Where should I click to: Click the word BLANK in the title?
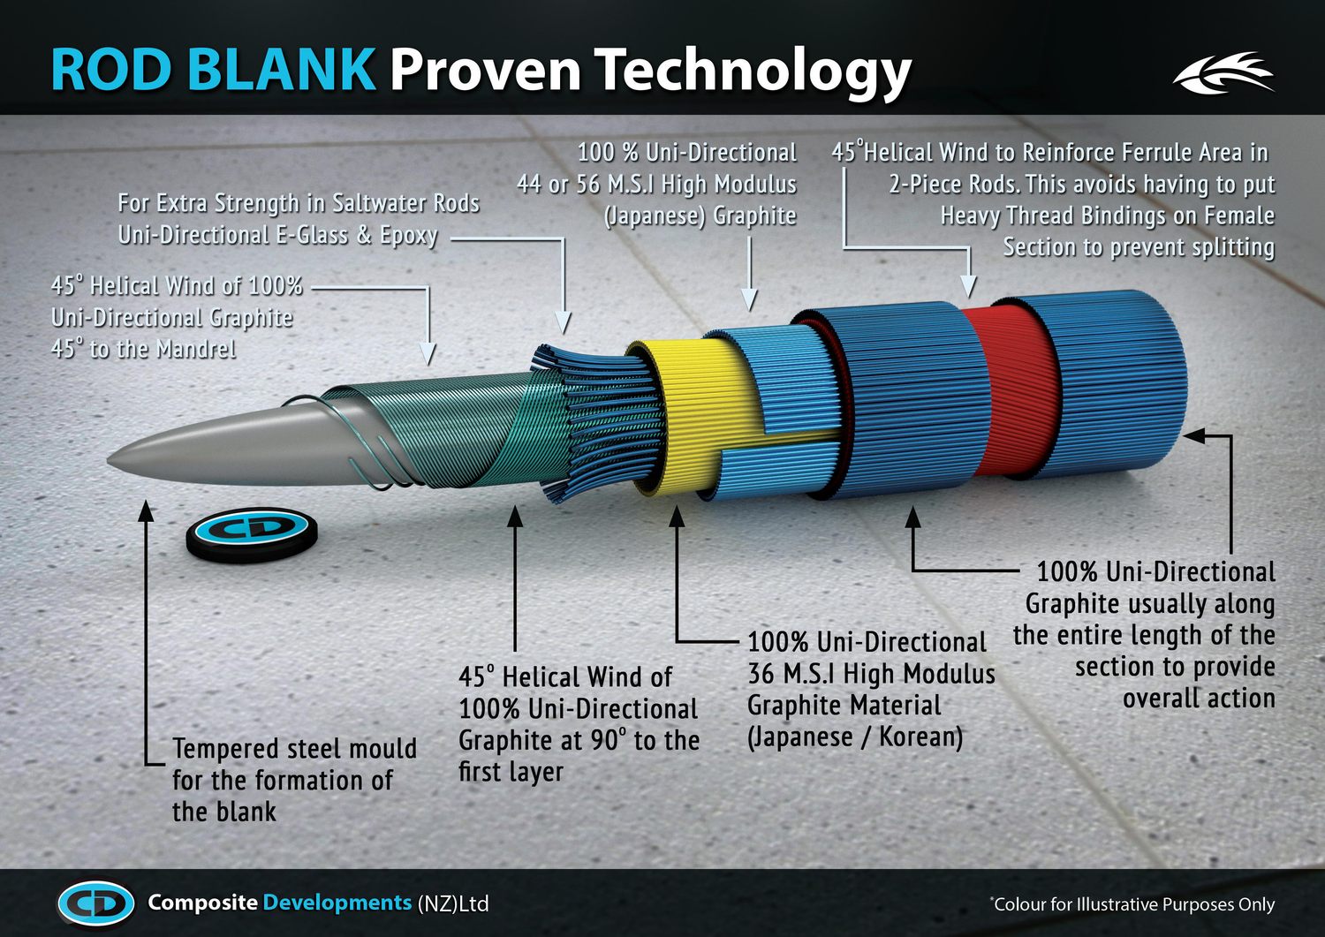(284, 69)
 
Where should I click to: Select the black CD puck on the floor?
(252, 535)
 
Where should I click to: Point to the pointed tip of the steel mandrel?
(109, 458)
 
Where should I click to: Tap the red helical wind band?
(1008, 390)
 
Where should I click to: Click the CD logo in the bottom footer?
(96, 903)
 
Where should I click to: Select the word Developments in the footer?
(337, 903)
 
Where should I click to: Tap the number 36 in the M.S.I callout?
(761, 674)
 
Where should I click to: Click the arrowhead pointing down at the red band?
(968, 287)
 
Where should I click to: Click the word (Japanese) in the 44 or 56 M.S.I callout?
(655, 216)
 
